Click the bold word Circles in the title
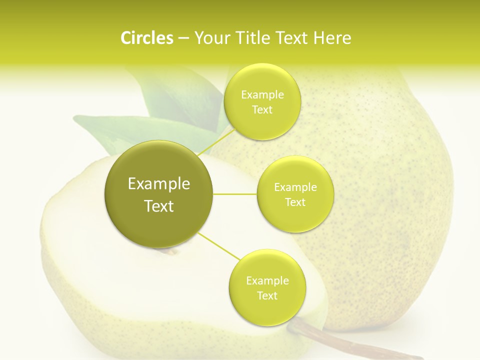point(147,38)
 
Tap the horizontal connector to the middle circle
point(235,194)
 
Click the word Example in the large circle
point(159,184)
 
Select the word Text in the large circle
point(159,206)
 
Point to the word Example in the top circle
point(262,94)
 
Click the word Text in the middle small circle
point(295,202)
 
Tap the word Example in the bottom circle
point(267,280)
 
